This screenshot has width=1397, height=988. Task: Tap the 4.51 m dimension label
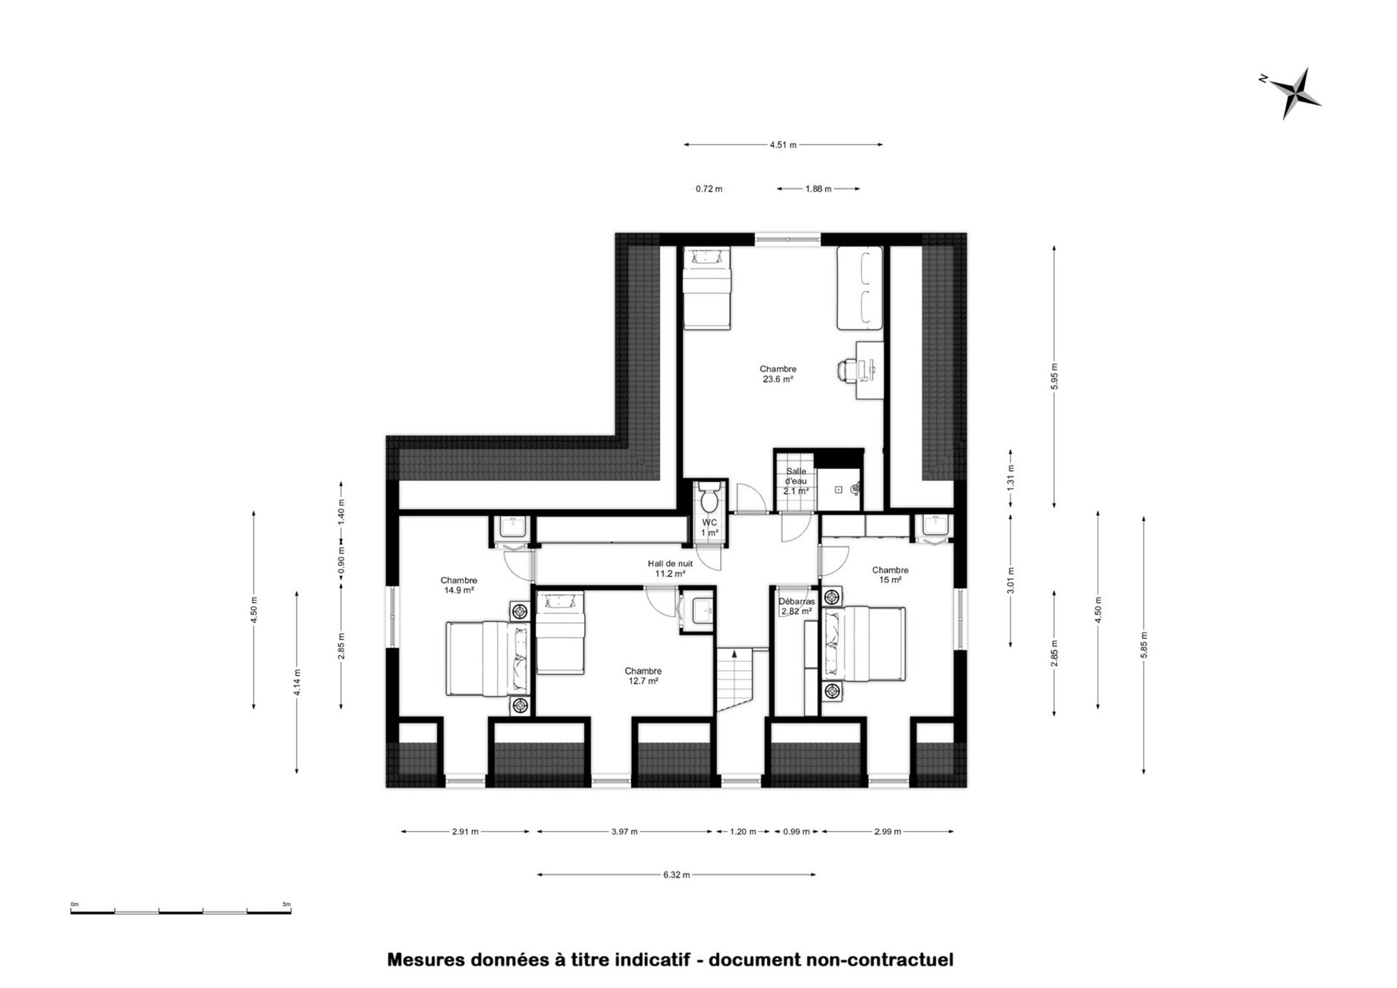click(x=783, y=145)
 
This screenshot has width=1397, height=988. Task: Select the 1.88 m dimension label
click(x=818, y=189)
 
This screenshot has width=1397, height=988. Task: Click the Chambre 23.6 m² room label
click(x=778, y=373)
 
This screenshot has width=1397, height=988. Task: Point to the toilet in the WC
click(x=709, y=498)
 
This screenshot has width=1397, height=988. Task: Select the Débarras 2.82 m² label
click(x=797, y=606)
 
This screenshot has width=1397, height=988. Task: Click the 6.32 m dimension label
click(x=676, y=875)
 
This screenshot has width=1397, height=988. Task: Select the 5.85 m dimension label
click(x=1144, y=645)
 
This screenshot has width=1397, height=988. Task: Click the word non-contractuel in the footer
click(x=880, y=960)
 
